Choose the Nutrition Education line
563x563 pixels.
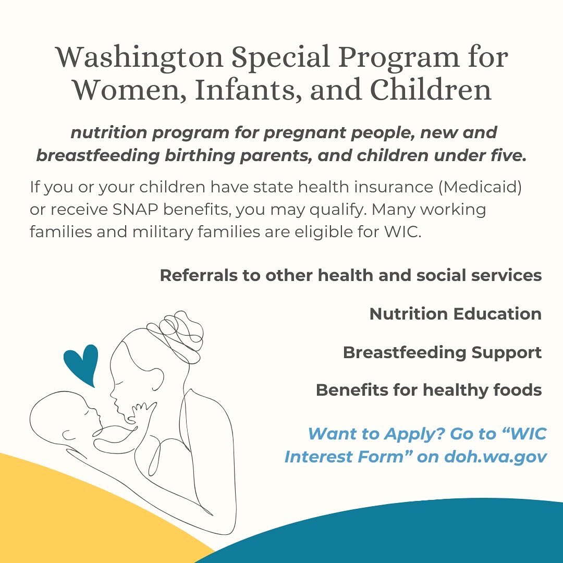point(455,314)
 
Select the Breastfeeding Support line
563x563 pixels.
point(442,352)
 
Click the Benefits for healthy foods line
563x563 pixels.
point(429,390)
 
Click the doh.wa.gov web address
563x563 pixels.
point(495,457)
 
